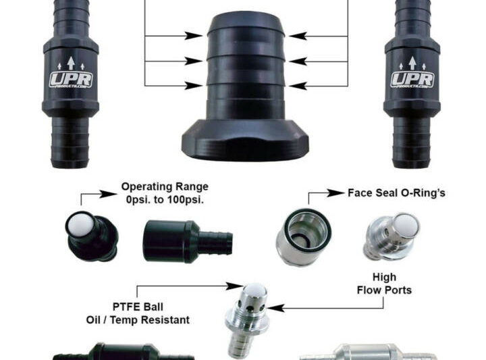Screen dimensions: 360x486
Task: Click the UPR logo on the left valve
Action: coord(71,79)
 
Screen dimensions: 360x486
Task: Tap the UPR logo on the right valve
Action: coord(412,79)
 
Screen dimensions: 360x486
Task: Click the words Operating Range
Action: coord(165,186)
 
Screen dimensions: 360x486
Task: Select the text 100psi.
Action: coord(190,200)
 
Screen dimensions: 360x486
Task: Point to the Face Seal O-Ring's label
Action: coord(396,192)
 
